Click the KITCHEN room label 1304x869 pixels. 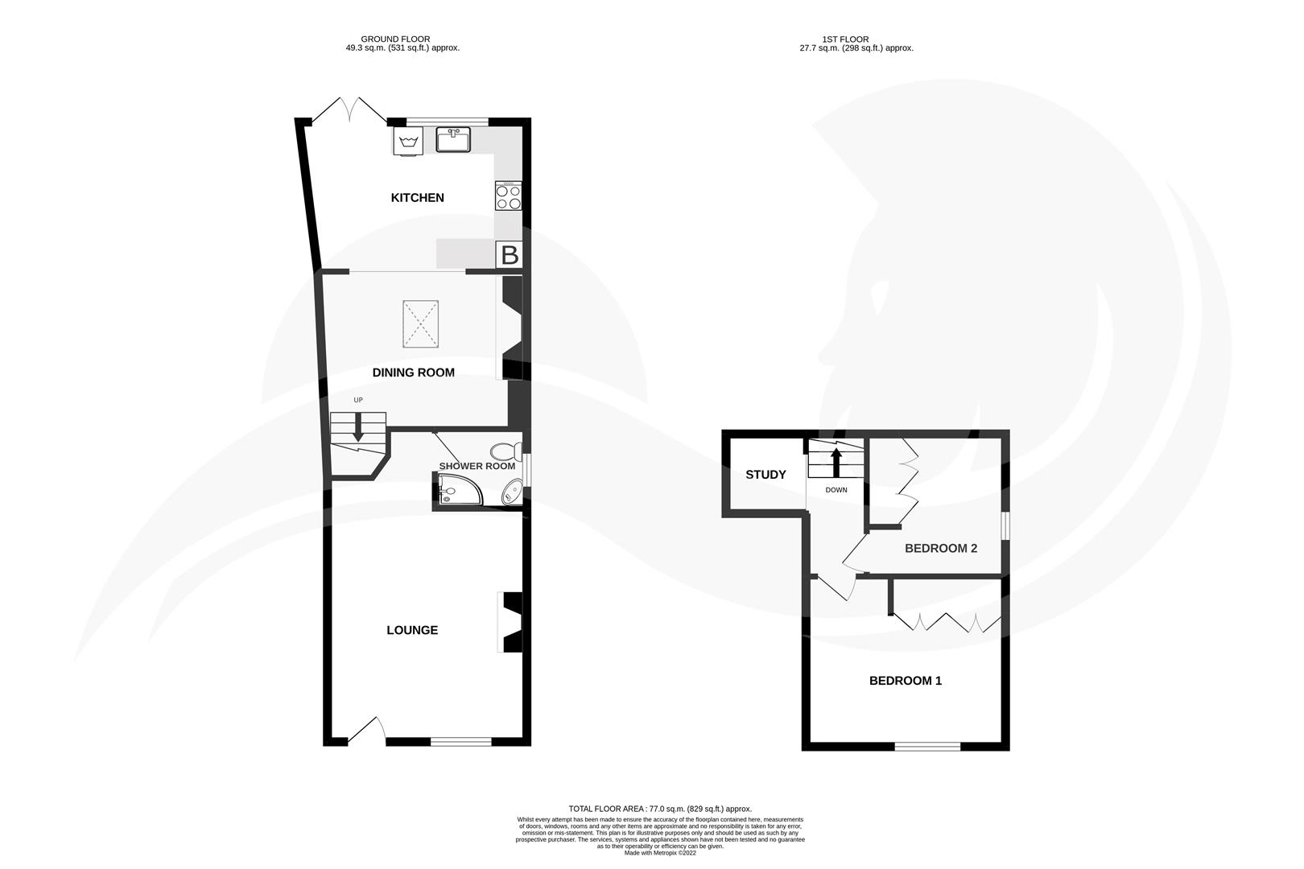pyautogui.click(x=417, y=198)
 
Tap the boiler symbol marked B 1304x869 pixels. pyautogui.click(x=510, y=255)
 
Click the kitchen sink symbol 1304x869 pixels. pyautogui.click(x=453, y=140)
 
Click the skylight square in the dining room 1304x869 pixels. pyautogui.click(x=420, y=324)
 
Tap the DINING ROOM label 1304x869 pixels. pyautogui.click(x=413, y=373)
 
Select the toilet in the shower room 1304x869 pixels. pyautogui.click(x=506, y=451)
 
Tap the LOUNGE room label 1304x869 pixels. pyautogui.click(x=412, y=630)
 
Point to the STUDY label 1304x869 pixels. pyautogui.click(x=765, y=475)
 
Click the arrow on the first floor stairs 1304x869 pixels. pyautogui.click(x=836, y=462)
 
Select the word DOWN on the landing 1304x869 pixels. pyautogui.click(x=836, y=490)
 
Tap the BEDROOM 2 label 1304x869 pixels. pyautogui.click(x=940, y=549)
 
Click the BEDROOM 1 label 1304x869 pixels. pyautogui.click(x=905, y=681)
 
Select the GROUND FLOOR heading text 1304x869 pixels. pyautogui.click(x=394, y=39)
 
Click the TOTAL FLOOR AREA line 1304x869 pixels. pyautogui.click(x=659, y=809)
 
